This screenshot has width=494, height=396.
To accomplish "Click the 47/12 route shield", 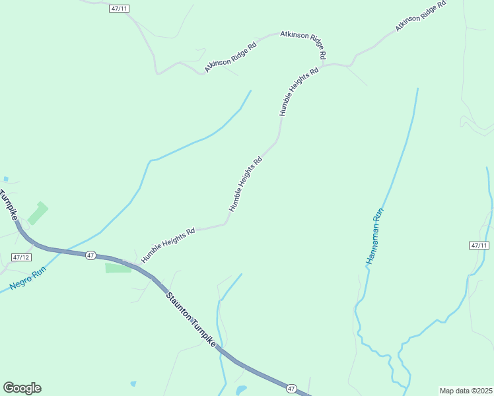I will [21, 257].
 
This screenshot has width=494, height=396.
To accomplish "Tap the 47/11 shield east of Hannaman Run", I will [479, 246].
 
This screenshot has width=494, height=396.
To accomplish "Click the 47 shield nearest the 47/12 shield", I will [91, 255].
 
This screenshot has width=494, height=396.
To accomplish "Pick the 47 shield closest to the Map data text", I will [292, 389].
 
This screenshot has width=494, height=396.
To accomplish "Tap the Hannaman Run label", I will [374, 237].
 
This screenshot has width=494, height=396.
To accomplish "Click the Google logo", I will [22, 388].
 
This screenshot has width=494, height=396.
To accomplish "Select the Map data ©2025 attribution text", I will [466, 390].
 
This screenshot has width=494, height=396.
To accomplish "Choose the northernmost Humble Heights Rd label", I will [299, 91].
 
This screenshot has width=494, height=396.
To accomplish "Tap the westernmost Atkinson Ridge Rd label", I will [230, 58].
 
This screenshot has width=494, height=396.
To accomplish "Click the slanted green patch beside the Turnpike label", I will [37, 213].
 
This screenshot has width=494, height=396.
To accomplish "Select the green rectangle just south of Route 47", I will [118, 267].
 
